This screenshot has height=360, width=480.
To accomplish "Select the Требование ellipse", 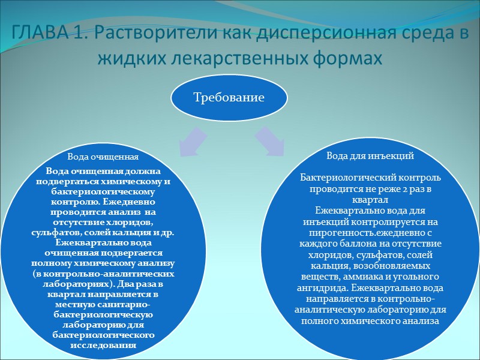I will pos(228,97).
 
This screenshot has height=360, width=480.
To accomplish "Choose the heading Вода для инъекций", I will pos(370,155).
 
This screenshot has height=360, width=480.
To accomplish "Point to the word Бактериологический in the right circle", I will pos(350,178).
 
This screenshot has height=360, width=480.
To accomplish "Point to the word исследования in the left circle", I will pos(103,344).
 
